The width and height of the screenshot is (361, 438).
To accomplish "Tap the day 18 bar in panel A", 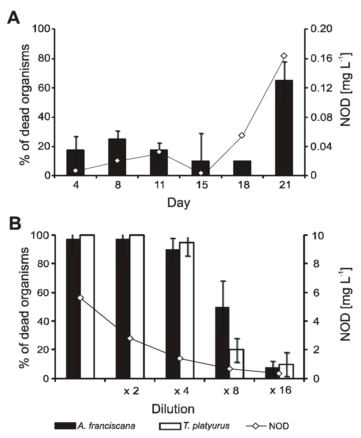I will (x=242, y=168).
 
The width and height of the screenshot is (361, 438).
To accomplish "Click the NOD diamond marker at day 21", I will (x=284, y=56).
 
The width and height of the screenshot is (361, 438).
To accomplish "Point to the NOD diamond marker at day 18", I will (x=242, y=135).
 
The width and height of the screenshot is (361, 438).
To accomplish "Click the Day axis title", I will (x=178, y=203).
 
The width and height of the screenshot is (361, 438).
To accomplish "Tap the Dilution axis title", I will (x=173, y=409).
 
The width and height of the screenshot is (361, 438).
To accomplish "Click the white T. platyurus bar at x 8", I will (x=237, y=364).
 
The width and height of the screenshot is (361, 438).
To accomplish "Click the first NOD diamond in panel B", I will (x=80, y=298).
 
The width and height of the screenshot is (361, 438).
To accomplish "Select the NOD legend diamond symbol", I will (x=255, y=426).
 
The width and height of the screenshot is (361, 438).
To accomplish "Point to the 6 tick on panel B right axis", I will (x=316, y=293).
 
